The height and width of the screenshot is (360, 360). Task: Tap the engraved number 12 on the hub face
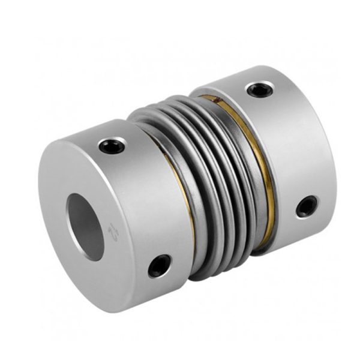pos(112,230)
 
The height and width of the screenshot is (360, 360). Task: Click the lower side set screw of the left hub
pos(159,265)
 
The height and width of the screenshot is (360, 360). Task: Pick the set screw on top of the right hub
pos(259,90)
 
